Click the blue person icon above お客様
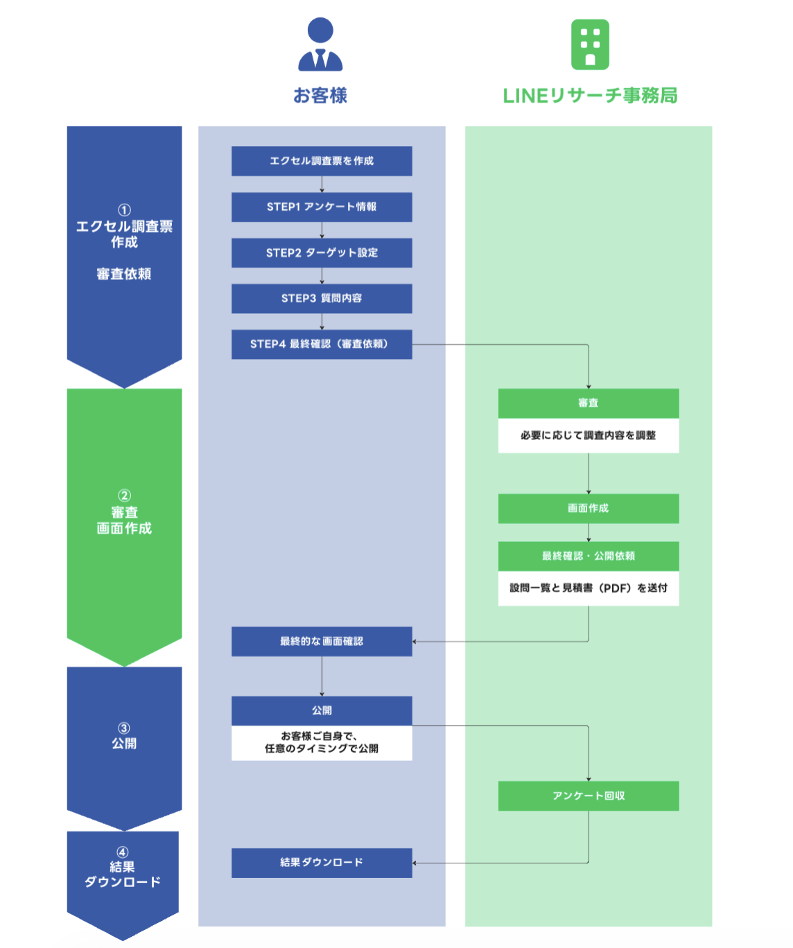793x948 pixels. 320,44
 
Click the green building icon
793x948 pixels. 589,44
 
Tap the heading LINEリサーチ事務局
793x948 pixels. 589,96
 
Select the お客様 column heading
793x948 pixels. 320,96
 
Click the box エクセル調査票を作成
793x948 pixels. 322,161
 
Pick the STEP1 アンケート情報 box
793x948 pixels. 322,207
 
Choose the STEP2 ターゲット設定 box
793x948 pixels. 322,253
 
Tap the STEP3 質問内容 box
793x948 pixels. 322,298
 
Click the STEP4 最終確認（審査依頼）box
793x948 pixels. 322,344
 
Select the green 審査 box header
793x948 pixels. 588,403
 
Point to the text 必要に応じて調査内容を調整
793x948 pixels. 588,435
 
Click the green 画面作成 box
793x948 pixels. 588,509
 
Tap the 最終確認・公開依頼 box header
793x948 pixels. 588,556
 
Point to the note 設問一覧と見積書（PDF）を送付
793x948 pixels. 588,588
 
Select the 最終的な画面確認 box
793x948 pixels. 322,642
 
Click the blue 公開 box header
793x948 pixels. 322,710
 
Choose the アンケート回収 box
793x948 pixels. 588,796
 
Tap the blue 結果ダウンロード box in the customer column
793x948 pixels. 322,863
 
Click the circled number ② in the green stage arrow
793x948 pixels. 125,495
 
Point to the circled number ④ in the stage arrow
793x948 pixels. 122,852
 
